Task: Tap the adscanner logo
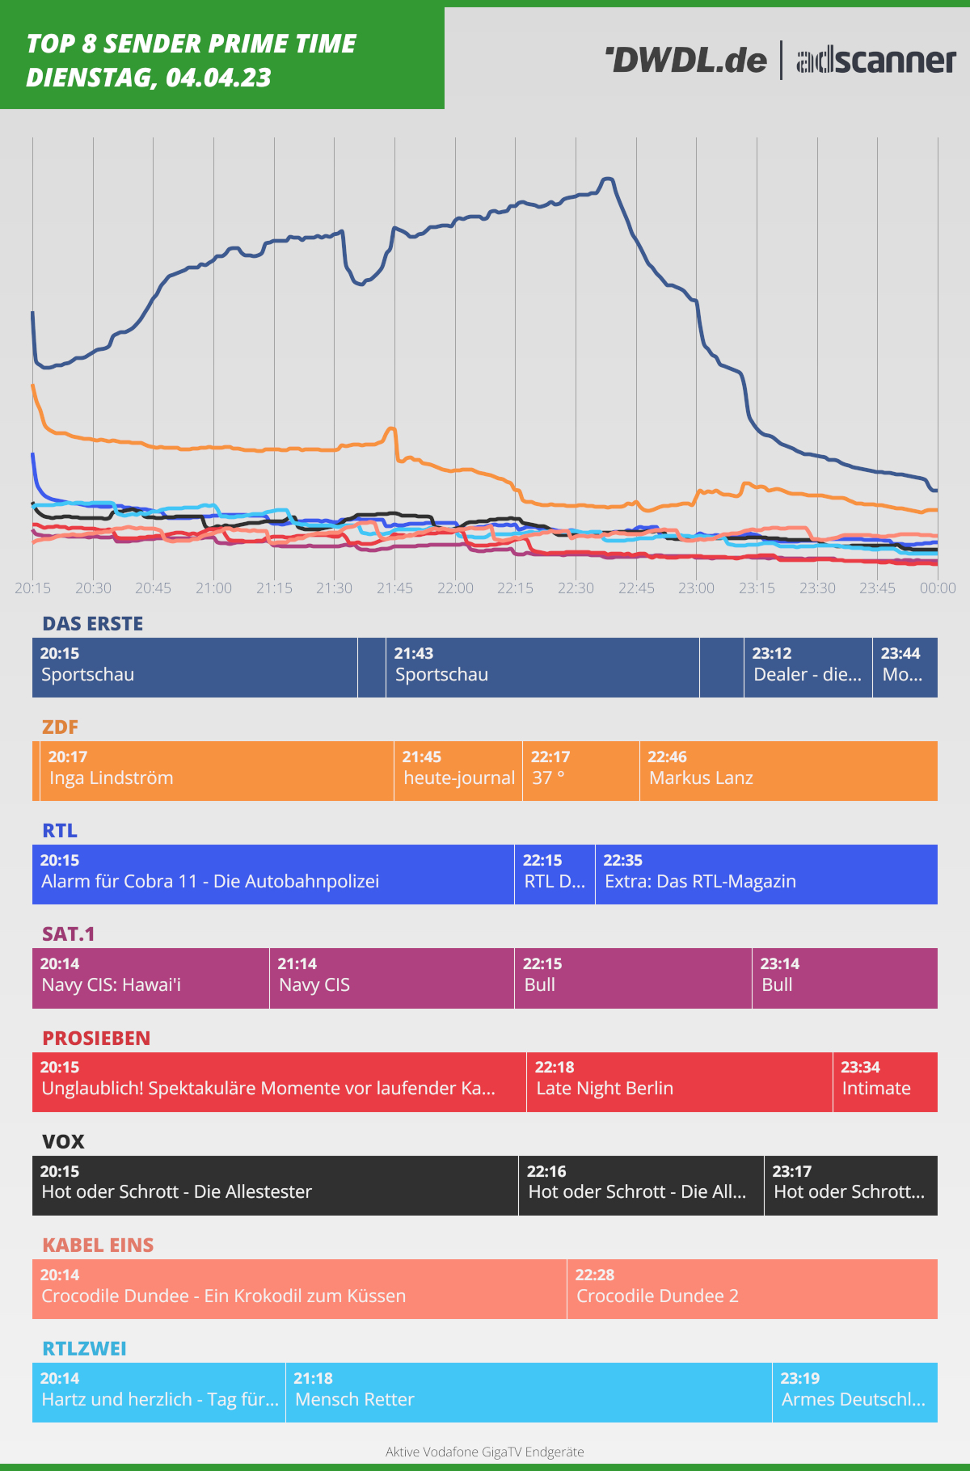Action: [876, 61]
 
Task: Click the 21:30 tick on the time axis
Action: [334, 588]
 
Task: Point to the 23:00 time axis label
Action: [696, 588]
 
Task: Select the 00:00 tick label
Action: [937, 588]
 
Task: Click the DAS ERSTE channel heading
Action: [92, 624]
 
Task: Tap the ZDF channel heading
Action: [60, 727]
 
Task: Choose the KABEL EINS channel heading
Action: [97, 1246]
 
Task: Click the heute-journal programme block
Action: [458, 771]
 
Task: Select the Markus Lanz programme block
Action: [788, 771]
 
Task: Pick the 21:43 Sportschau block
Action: [542, 668]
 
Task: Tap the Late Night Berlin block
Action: [679, 1082]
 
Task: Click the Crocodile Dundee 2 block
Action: [752, 1289]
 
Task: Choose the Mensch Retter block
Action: [529, 1393]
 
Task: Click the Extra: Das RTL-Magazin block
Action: [765, 875]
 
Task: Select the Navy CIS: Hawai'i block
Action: [150, 978]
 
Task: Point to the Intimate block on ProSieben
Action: [885, 1082]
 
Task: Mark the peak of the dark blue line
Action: [608, 179]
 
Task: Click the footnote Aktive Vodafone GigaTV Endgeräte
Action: [484, 1452]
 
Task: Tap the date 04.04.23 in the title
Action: [218, 78]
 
